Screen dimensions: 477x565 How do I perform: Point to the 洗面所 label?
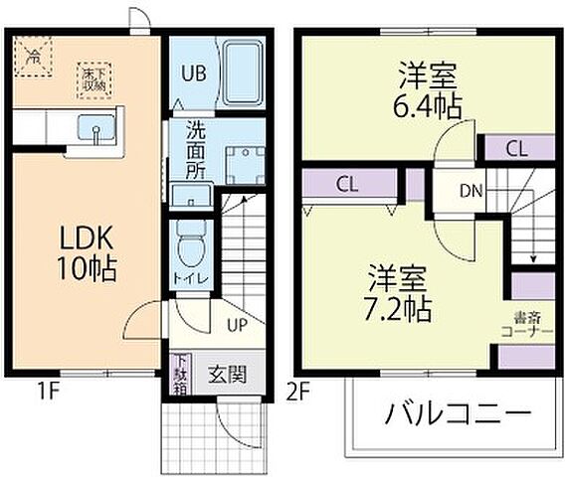tap(194, 150)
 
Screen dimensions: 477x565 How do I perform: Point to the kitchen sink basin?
tap(96, 130)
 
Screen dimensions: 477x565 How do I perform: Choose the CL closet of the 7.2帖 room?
tap(347, 184)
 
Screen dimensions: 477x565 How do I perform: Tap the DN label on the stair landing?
tap(472, 192)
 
